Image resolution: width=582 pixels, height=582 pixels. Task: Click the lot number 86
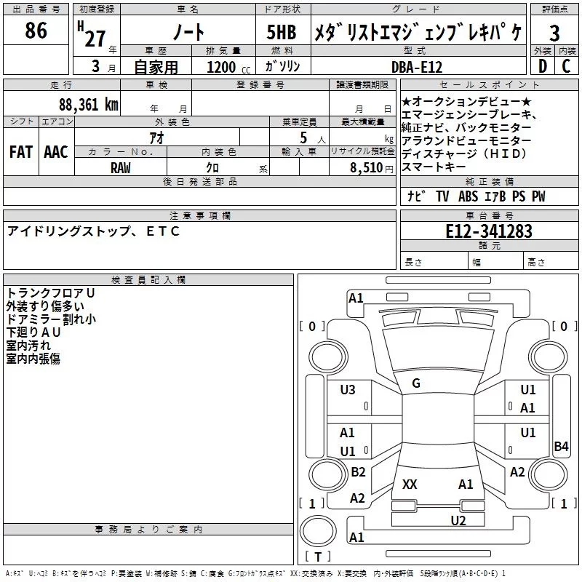click(x=36, y=31)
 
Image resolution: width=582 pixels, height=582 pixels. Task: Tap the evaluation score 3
click(x=554, y=33)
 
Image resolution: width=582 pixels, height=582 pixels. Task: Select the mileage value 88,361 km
click(x=89, y=103)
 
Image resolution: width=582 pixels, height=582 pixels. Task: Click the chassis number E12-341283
click(x=489, y=231)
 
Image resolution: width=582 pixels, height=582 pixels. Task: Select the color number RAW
click(x=121, y=167)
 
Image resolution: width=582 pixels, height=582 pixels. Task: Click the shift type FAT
click(x=21, y=151)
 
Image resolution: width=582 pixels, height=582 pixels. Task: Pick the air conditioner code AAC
click(x=56, y=151)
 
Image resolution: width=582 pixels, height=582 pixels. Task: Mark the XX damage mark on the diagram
click(x=410, y=484)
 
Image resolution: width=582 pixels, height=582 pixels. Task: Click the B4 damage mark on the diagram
click(x=561, y=447)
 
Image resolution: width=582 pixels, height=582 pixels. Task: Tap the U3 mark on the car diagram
click(x=348, y=390)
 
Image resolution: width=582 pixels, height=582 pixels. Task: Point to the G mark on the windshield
click(x=416, y=383)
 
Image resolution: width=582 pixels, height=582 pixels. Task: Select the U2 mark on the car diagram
click(x=458, y=520)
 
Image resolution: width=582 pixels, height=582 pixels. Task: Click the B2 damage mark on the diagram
click(x=358, y=472)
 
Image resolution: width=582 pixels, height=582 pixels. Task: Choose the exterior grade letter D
click(x=541, y=66)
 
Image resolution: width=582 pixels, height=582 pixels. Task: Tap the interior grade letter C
click(x=566, y=66)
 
